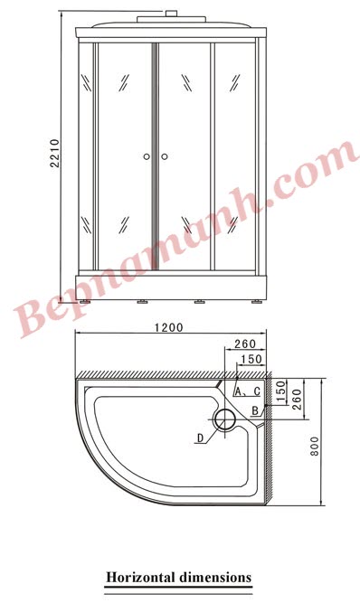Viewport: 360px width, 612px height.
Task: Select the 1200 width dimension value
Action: (169, 327)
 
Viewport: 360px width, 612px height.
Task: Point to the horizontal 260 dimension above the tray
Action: (243, 344)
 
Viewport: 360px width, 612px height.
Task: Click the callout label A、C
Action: (247, 391)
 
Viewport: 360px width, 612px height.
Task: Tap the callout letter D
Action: (199, 439)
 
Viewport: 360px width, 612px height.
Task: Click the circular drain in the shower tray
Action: (223, 419)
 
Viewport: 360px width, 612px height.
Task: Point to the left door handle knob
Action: (147, 156)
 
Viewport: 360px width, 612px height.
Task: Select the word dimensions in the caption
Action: (215, 576)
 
